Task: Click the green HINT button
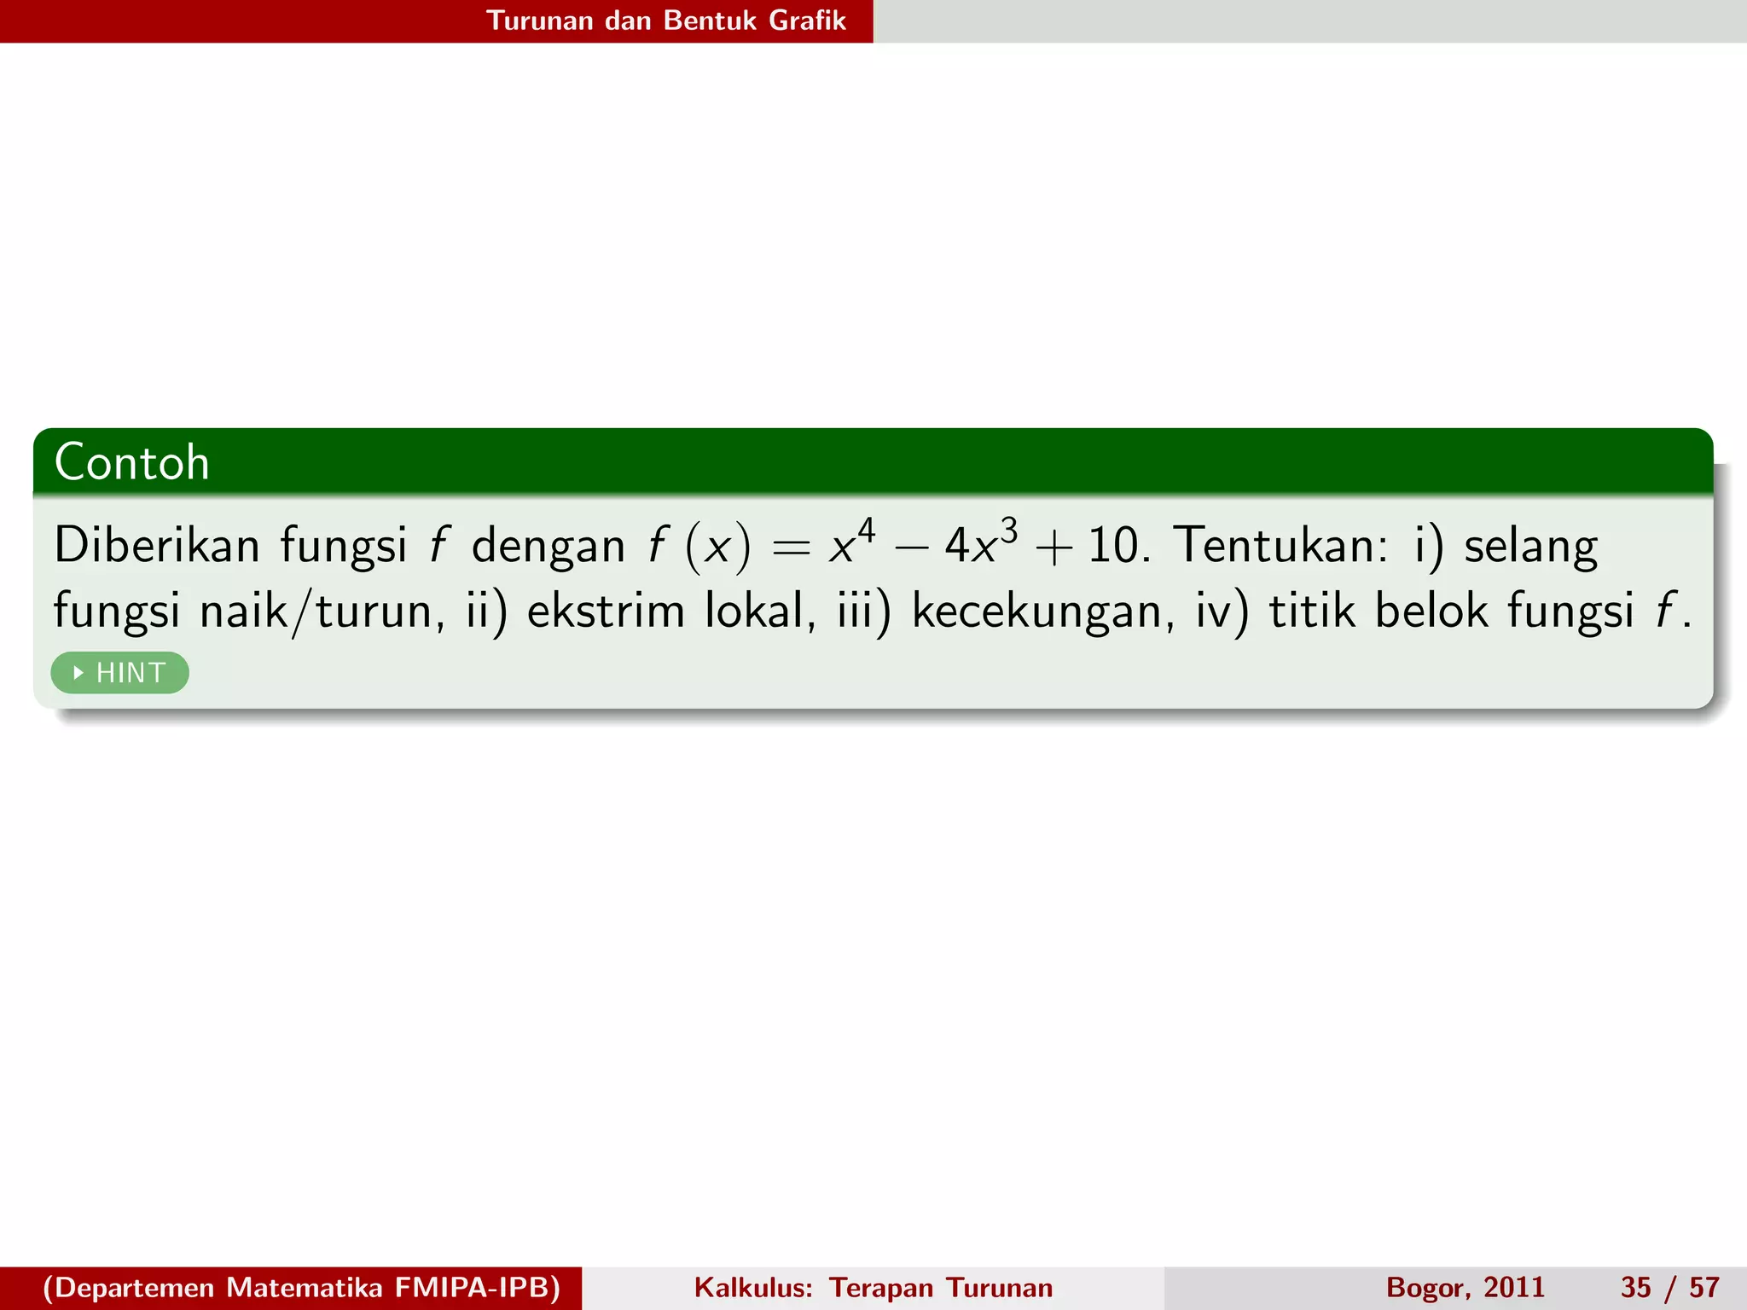click(x=119, y=673)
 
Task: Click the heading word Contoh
click(x=132, y=463)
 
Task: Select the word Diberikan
click(x=156, y=546)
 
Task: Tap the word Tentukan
click(x=1280, y=546)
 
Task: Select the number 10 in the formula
click(x=1113, y=546)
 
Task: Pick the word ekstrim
click(x=606, y=612)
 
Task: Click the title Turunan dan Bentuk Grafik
click(x=665, y=20)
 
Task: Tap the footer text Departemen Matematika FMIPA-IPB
click(x=301, y=1288)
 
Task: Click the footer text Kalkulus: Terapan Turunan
click(x=873, y=1288)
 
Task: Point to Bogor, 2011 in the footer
click(x=1465, y=1288)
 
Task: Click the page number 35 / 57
click(x=1669, y=1288)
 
